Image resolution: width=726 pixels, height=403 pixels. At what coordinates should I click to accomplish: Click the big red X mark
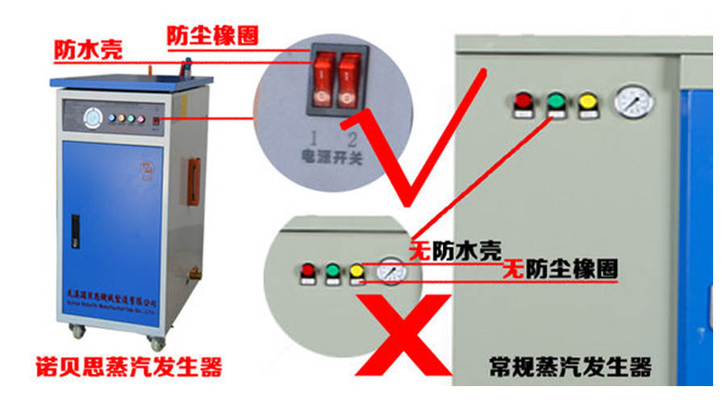coord(404,331)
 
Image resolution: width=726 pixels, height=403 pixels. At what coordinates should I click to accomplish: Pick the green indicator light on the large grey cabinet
coord(555,102)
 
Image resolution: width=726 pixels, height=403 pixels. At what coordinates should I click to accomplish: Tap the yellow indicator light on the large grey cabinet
coord(586,102)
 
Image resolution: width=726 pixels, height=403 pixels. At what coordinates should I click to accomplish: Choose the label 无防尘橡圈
coord(560,269)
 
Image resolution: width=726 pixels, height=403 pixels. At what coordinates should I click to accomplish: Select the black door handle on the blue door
coord(75,233)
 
